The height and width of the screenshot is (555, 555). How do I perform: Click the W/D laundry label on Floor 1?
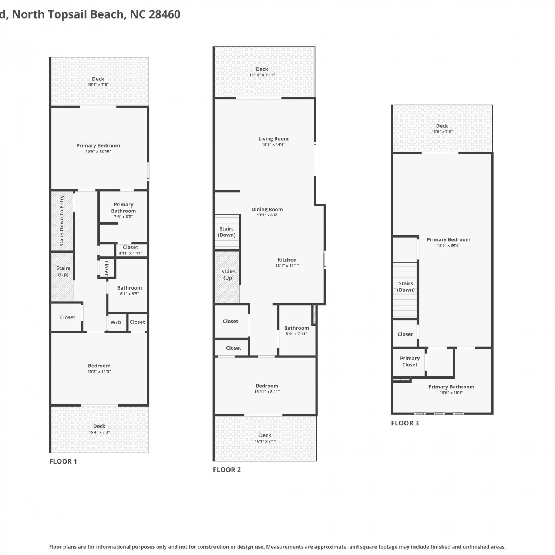click(116, 322)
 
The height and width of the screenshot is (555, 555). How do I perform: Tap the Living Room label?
click(273, 139)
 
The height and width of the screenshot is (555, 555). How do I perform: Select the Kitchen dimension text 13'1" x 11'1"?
click(287, 265)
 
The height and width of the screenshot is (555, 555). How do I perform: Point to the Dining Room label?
click(267, 209)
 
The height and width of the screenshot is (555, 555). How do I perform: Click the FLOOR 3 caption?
click(405, 423)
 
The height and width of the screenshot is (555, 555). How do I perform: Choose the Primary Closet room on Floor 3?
click(410, 361)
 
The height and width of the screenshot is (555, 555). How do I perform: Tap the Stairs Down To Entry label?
click(62, 221)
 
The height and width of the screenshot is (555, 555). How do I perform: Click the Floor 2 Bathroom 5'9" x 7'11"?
click(296, 331)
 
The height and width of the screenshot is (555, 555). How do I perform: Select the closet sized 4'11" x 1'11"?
click(130, 250)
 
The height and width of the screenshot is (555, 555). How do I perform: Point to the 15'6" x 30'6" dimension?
click(448, 245)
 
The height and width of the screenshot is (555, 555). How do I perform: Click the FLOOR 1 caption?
click(63, 461)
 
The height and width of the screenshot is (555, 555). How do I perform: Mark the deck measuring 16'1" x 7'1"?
click(265, 438)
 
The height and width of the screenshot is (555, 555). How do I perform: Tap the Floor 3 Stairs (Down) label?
click(406, 287)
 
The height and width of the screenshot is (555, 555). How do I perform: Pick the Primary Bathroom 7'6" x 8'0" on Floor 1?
click(124, 210)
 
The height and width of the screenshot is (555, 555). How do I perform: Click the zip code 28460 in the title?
click(165, 14)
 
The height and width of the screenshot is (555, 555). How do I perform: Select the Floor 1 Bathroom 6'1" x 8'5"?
click(129, 290)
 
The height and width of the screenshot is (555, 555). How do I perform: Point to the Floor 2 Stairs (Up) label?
click(229, 275)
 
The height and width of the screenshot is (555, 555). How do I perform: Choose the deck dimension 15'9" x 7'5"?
click(442, 131)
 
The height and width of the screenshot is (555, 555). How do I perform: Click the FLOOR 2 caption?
click(227, 470)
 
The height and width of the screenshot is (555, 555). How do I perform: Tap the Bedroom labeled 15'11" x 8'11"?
click(267, 388)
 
